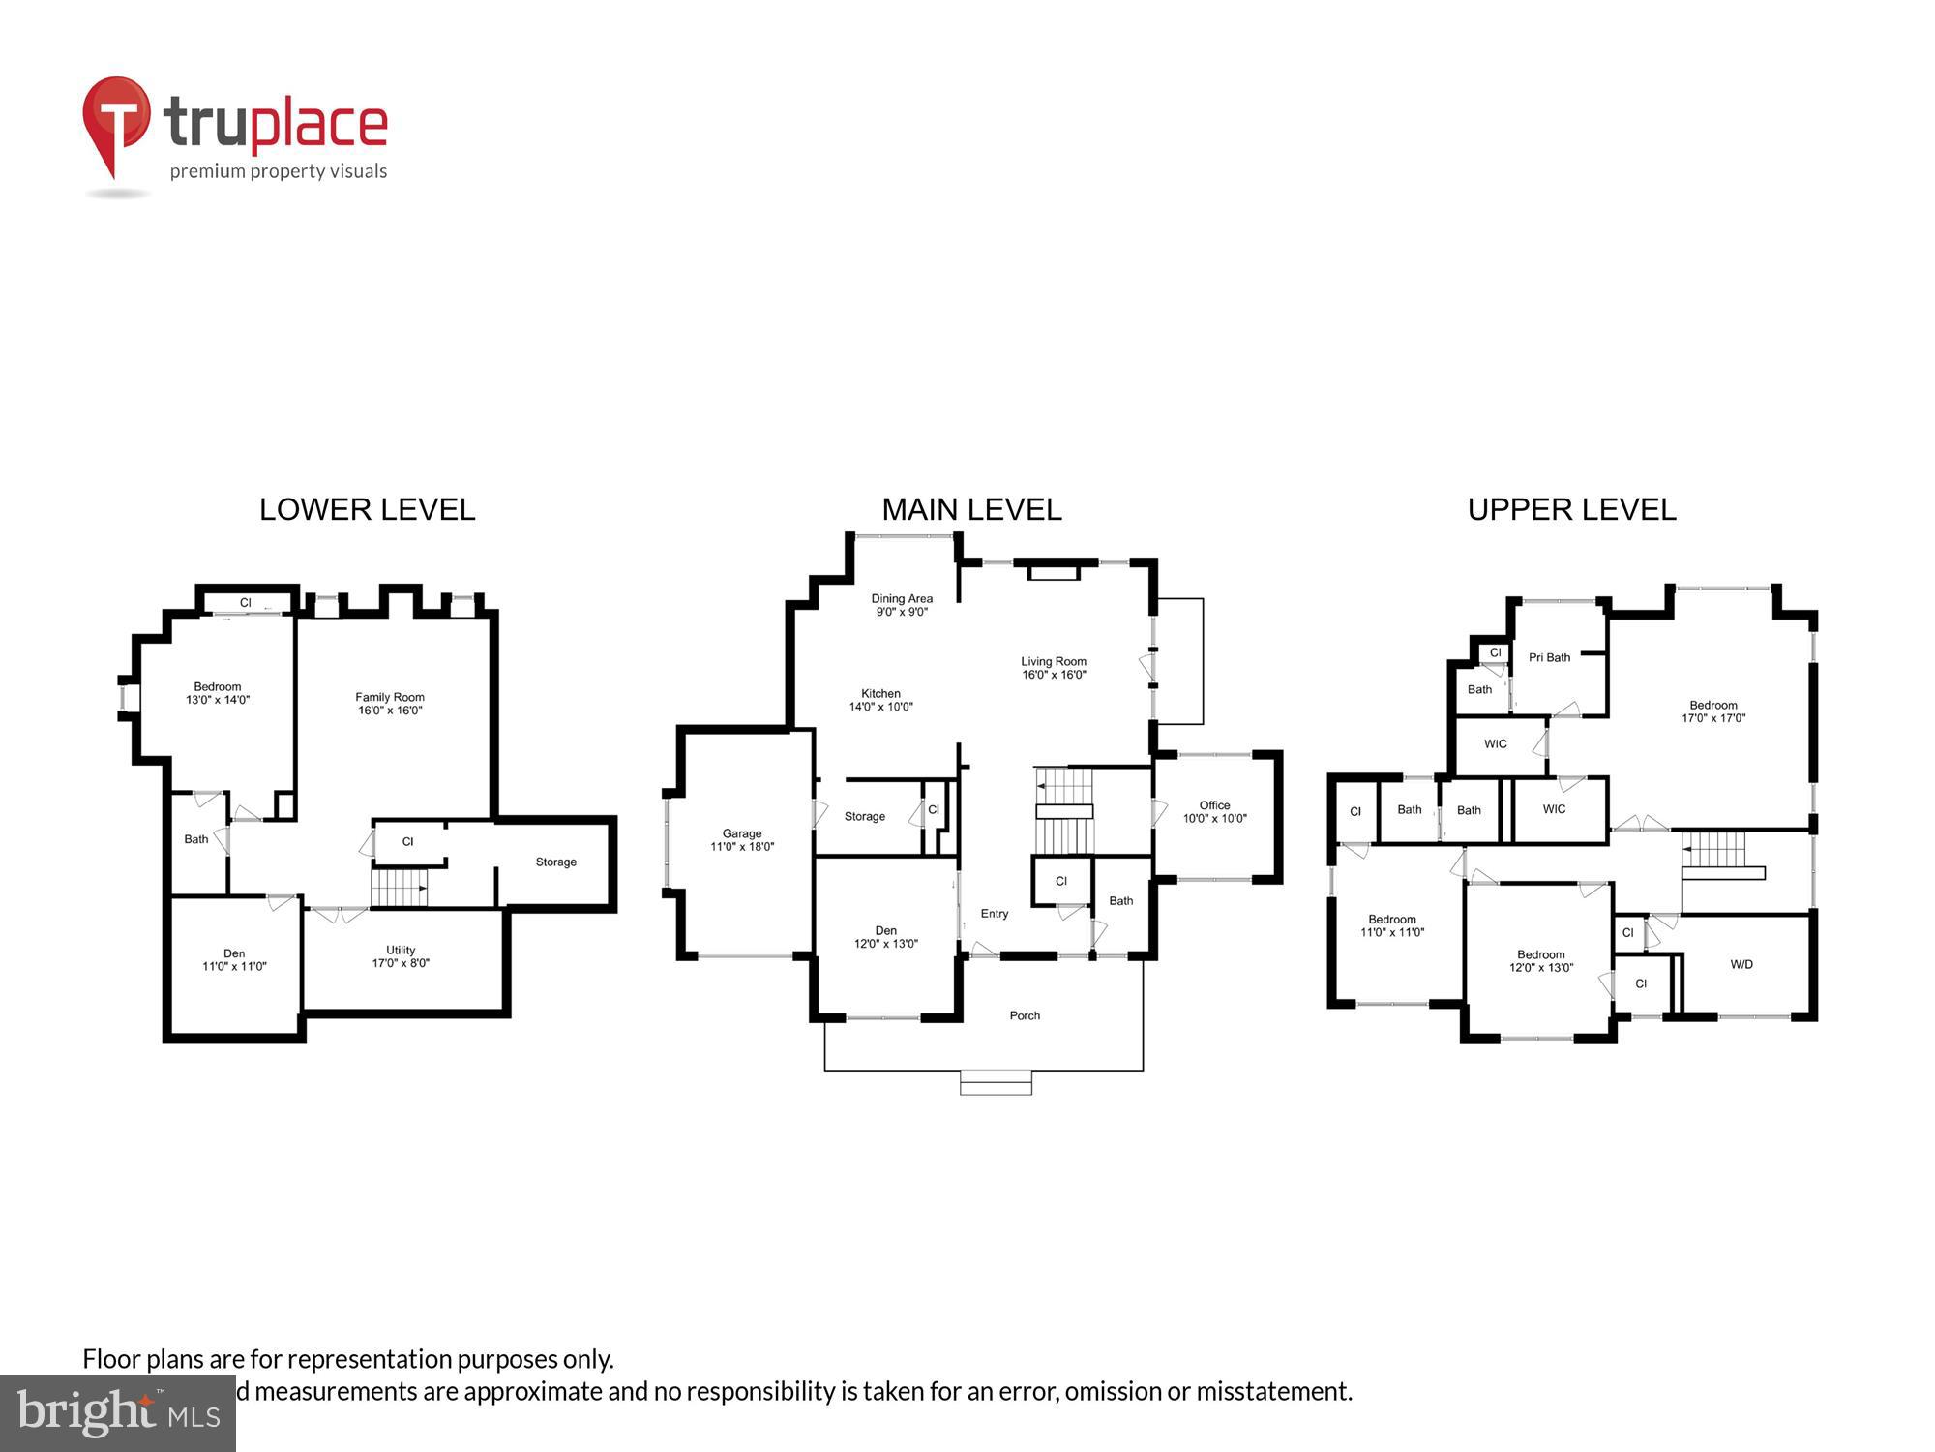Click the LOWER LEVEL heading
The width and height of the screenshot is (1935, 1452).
click(x=367, y=510)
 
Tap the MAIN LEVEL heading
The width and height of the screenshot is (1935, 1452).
click(x=971, y=510)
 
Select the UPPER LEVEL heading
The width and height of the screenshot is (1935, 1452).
click(x=1571, y=510)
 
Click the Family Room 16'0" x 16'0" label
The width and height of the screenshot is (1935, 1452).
click(x=389, y=704)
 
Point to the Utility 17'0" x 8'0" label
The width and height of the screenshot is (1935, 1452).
click(x=401, y=956)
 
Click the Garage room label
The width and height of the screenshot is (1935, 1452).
click(x=742, y=840)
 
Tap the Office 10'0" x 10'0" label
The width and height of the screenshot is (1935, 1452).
click(x=1214, y=812)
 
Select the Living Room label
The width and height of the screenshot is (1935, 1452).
click(x=1054, y=668)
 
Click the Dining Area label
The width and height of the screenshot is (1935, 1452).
click(x=902, y=605)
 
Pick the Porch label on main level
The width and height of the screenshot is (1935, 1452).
click(x=1025, y=1015)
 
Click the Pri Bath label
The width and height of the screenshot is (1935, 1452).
click(x=1549, y=657)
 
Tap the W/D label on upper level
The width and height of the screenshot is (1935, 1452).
click(x=1741, y=964)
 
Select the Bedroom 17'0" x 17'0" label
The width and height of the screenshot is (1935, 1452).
click(x=1712, y=711)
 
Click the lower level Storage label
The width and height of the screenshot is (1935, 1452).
click(x=555, y=862)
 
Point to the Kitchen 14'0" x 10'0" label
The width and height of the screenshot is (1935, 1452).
click(x=880, y=700)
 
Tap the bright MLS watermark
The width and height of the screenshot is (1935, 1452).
click(x=117, y=1413)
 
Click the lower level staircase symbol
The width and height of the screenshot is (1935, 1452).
click(x=399, y=888)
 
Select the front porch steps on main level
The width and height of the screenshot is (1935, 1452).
click(x=996, y=1082)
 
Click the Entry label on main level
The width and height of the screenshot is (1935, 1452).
click(x=994, y=914)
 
